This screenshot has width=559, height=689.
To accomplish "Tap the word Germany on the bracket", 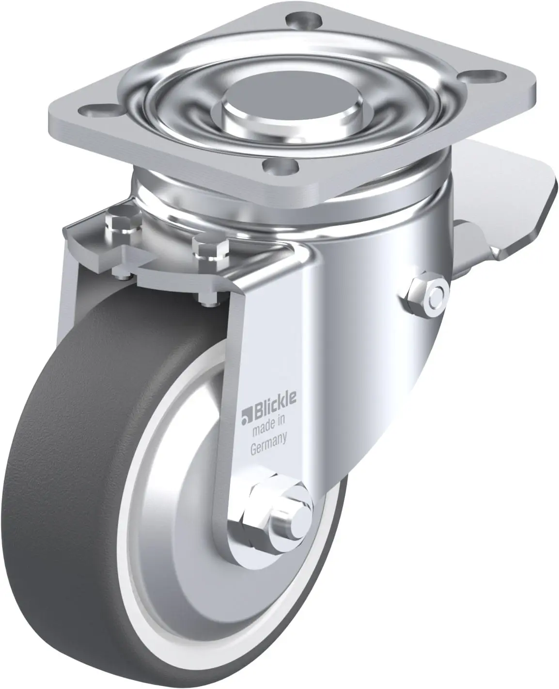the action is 269,444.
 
